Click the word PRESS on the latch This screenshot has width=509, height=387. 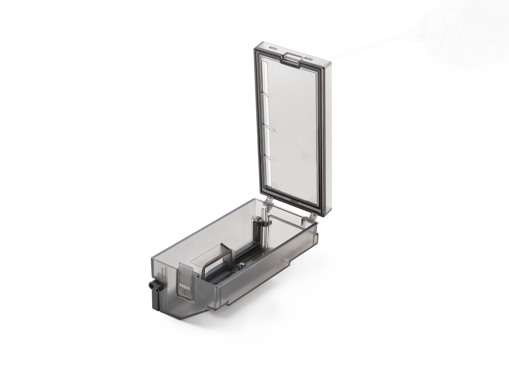coord(185,287)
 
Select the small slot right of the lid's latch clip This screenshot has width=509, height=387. coord(309,58)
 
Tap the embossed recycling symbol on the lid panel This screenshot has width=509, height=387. coord(305,155)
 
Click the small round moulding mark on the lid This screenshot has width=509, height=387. coord(275,129)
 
